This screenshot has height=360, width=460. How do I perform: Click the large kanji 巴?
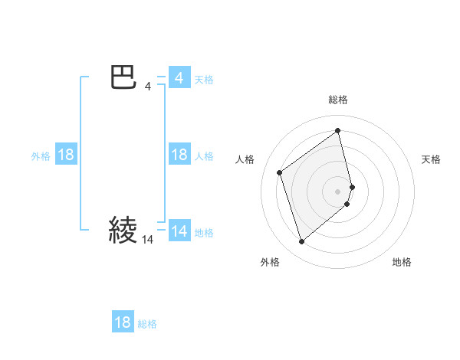pyautogui.click(x=123, y=78)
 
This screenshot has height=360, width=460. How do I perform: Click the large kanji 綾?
pyautogui.click(x=123, y=230)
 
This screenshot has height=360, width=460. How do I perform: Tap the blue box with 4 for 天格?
pyautogui.click(x=179, y=78)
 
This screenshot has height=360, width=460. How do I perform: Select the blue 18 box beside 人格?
pyautogui.click(x=179, y=155)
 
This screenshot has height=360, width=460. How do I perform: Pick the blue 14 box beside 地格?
pyautogui.click(x=179, y=231)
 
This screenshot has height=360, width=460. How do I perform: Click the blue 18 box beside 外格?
pyautogui.click(x=66, y=155)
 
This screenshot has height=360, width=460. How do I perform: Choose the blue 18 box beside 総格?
pyautogui.click(x=123, y=322)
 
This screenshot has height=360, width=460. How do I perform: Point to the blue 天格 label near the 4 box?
pyautogui.click(x=204, y=79)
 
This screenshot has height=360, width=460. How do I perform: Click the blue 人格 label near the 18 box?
pyautogui.click(x=204, y=155)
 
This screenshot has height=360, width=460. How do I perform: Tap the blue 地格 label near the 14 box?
pyautogui.click(x=204, y=232)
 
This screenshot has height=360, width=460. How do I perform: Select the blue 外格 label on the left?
pyautogui.click(x=41, y=155)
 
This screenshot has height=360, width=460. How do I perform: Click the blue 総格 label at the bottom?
pyautogui.click(x=147, y=323)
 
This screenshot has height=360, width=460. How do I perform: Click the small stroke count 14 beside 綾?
pyautogui.click(x=148, y=240)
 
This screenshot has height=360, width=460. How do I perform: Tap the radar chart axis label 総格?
pyautogui.click(x=338, y=100)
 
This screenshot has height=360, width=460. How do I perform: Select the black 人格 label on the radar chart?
pyautogui.click(x=245, y=159)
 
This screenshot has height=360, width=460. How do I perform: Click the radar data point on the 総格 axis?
pyautogui.click(x=338, y=130)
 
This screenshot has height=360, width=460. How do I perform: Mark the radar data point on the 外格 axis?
pyautogui.click(x=301, y=242)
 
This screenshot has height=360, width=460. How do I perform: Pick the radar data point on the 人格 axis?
pyautogui.click(x=280, y=172)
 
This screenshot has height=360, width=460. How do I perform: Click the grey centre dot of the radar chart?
pyautogui.click(x=338, y=191)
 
